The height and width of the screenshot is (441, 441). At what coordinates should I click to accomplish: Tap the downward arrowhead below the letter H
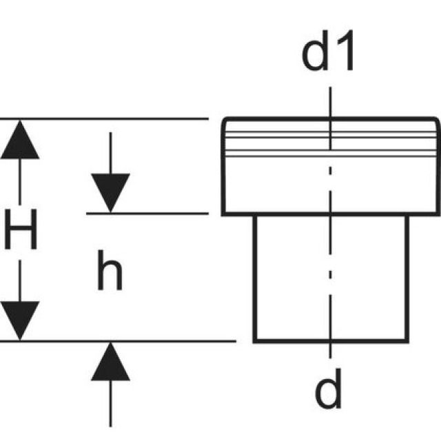coord(20,320)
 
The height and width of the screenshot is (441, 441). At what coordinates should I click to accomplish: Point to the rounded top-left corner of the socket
coord(225,123)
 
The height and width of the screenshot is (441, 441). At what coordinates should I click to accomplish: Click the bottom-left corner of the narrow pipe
coord(254,340)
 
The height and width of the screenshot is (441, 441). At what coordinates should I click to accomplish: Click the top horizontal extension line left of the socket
coord(110,119)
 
